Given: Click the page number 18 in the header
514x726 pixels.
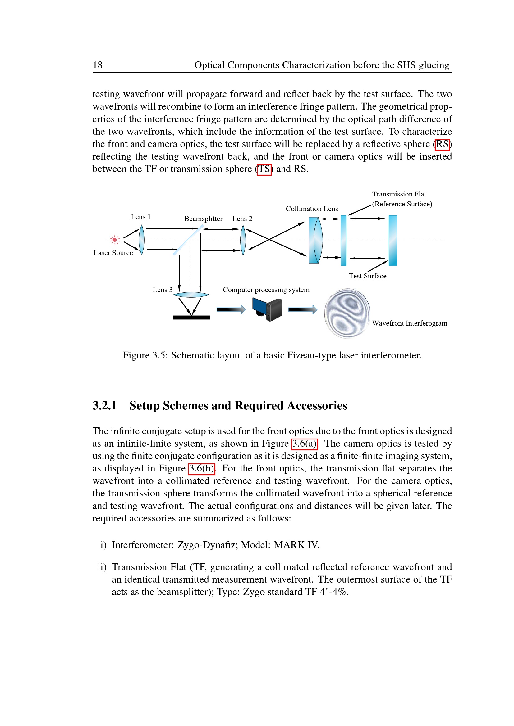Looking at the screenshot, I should coord(98,65).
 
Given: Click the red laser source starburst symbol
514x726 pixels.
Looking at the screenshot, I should coord(115,240).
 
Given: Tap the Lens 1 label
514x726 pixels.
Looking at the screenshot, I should coord(140,217).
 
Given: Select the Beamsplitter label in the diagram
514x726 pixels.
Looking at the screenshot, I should coord(203,219).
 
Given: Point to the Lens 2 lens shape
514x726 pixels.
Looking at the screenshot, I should coord(243,240).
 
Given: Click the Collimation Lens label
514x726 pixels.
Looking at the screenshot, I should coord(312,209).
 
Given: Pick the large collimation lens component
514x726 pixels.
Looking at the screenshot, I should coord(315,240).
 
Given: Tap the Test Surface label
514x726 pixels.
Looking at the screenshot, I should coord(367,276).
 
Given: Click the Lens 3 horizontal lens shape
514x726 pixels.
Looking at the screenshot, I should coord(191,295).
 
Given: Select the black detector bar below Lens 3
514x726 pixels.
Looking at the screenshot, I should coord(191,318).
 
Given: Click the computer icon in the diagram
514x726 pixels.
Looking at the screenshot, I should coord(268,309).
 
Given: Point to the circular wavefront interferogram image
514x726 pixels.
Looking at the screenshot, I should coord(347,313).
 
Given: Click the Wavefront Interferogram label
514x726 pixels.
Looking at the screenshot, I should coord(410,323).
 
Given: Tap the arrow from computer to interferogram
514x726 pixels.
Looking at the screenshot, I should coord(303,309).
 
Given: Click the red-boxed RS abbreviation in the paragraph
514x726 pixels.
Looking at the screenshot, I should coord(442,144).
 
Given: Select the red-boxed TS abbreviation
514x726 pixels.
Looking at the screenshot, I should coord(264,169).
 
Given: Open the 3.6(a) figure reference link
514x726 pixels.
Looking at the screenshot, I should coord(304,444).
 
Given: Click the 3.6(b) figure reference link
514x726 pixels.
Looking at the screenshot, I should coord(202,468).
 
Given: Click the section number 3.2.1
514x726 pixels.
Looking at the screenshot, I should coord(105,406).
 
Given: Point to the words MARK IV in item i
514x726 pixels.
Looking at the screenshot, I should coord(296,545).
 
